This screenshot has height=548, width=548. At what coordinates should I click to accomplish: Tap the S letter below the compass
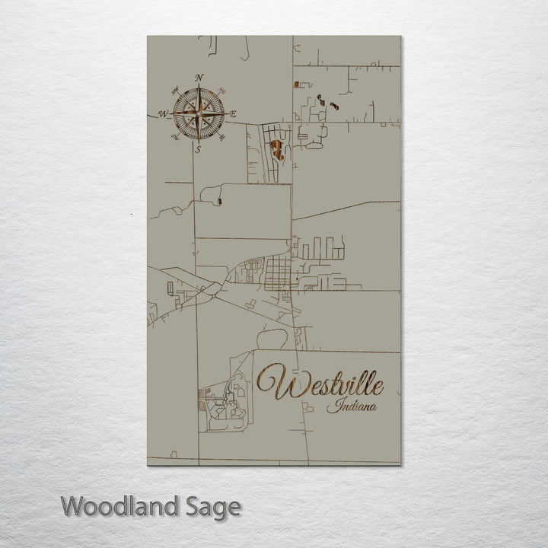coord(198,150)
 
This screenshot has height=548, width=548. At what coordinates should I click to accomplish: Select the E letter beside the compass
coord(233,114)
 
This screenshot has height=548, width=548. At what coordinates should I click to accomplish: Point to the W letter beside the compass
coord(163,114)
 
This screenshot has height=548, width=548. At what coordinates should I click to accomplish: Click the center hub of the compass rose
coord(198,114)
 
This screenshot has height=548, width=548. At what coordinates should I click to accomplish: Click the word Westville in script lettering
coord(320,383)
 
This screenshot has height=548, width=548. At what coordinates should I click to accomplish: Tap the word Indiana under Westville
coord(352,407)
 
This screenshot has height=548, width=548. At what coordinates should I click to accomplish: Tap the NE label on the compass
coord(221,91)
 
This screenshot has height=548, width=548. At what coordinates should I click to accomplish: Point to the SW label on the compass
coord(174,138)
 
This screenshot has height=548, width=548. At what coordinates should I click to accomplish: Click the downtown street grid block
coord(279,271)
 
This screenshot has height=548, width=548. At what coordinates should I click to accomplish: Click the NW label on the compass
coord(174,91)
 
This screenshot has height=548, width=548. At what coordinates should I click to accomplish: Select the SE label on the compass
coord(222,138)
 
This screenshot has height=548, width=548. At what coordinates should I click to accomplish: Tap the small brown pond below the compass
coord(219,202)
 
